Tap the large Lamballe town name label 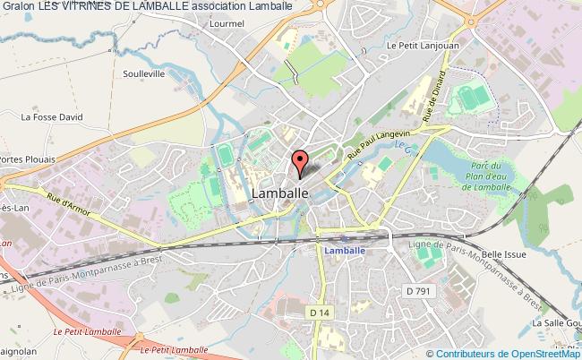tap(281, 193)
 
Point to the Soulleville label tap(144, 73)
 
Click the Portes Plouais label tap(26, 159)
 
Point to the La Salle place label tap(555, 322)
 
